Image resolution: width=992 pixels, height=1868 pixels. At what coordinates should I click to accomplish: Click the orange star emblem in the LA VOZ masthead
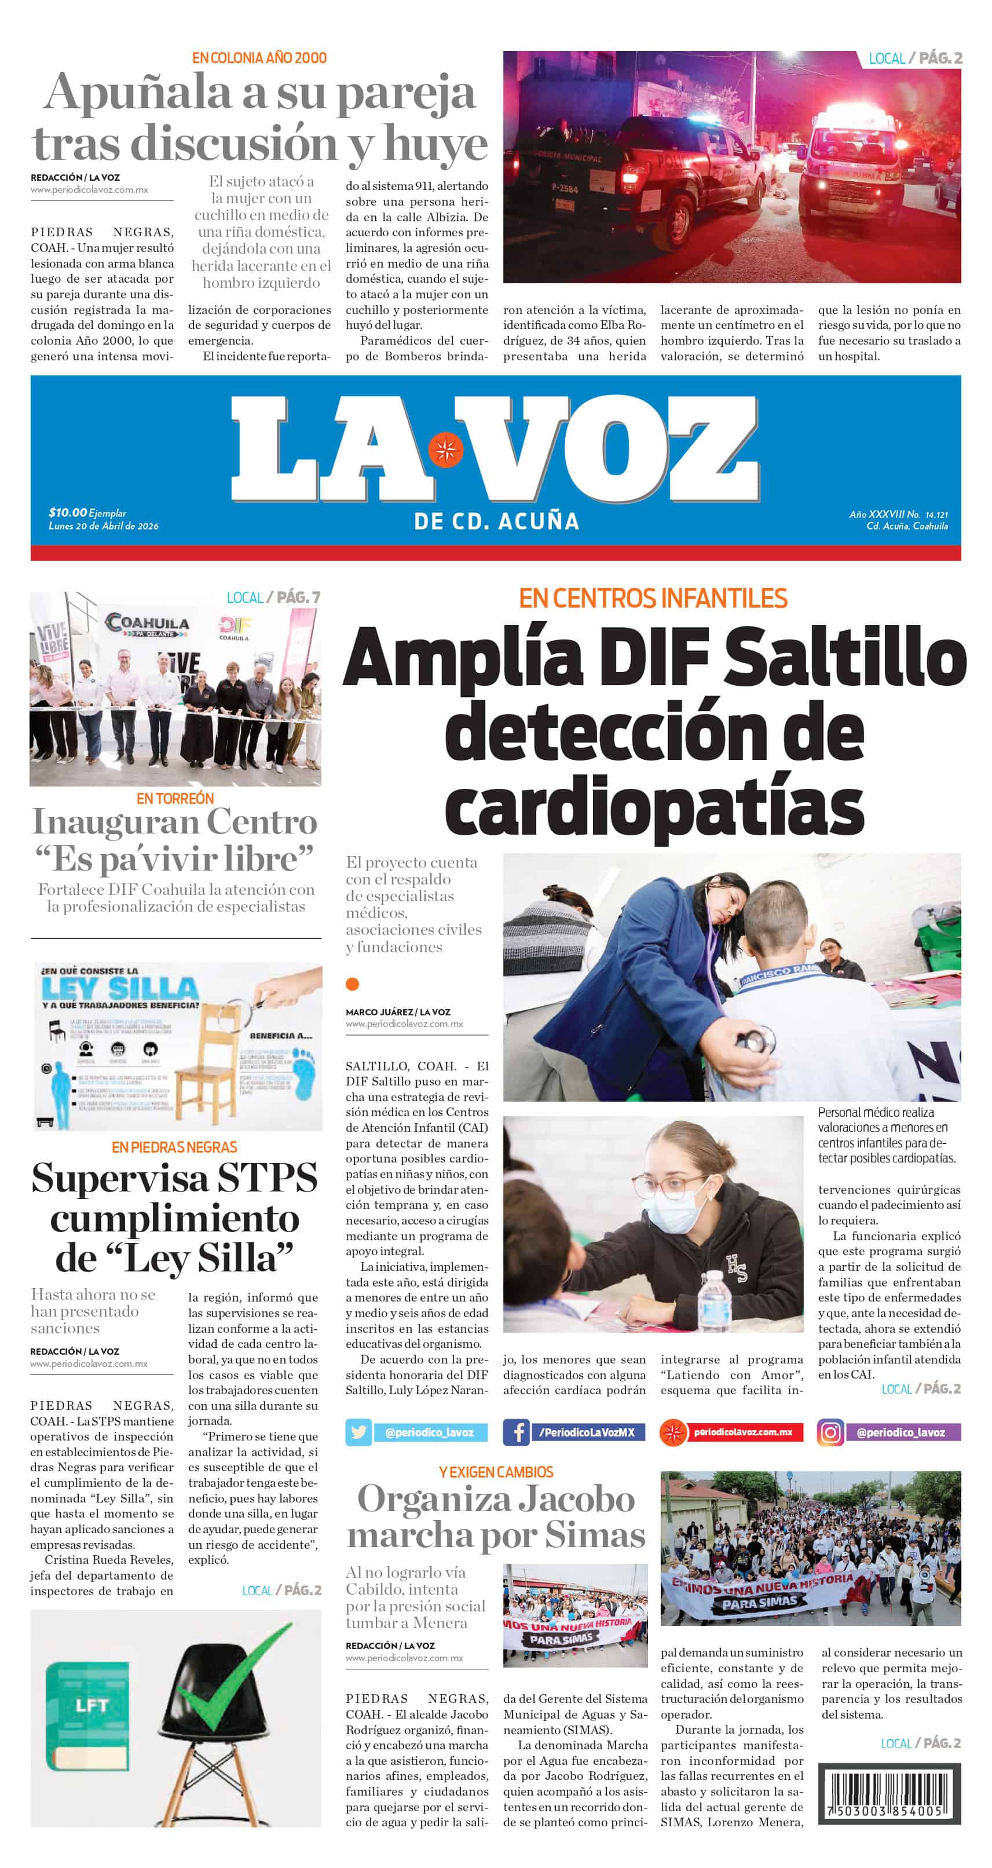pos(445,449)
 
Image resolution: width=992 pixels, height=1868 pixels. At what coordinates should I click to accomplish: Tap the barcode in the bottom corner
pos(888,1794)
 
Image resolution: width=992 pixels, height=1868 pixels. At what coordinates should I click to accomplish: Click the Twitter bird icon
pos(358,1432)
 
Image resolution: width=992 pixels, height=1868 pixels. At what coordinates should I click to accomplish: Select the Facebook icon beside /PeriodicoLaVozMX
pos(517,1432)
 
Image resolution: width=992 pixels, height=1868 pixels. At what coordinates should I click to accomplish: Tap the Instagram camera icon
pos(830,1432)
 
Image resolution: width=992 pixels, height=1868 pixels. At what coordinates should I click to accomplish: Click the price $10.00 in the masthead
pos(67,513)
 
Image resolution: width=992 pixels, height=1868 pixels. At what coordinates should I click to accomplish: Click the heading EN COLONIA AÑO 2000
pos(259,58)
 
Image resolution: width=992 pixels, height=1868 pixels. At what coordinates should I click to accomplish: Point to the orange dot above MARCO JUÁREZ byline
pos(353,984)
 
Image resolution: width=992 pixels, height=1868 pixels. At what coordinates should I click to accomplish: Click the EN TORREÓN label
pos(175,798)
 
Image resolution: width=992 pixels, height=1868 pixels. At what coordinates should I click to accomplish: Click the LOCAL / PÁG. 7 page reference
pos(273,598)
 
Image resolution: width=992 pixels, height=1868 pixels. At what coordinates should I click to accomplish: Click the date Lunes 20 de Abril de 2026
pos(103,526)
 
